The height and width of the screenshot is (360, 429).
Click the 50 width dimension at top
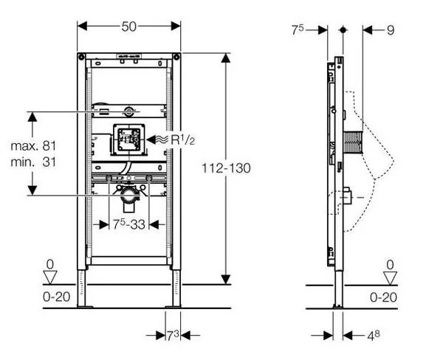coord(129,27)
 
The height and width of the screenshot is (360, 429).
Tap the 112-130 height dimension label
coord(226,168)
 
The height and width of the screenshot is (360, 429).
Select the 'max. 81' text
coord(33,146)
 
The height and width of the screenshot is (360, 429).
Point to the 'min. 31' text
coord(33,162)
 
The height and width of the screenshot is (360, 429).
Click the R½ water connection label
coord(183,140)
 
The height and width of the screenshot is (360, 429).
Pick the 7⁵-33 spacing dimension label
coord(129,224)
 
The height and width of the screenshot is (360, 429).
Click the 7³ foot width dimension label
coord(173,336)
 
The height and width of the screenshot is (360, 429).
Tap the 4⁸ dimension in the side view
coord(374,336)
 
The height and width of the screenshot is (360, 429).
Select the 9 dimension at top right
coord(391,30)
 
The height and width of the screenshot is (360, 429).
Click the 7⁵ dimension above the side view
coord(298,30)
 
